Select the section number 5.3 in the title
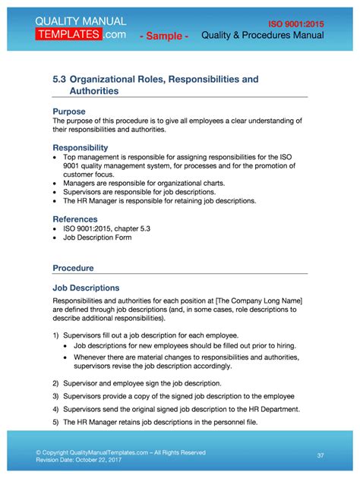coord(59,79)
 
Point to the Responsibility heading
coord(81,147)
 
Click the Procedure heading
coord(74,268)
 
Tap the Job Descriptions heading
coord(86,288)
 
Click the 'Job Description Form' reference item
coord(97,237)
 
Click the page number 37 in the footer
coord(321,455)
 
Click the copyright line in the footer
coord(120,452)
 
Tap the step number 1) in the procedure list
coord(56,335)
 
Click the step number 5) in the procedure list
coord(56,421)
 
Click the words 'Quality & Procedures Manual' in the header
coord(263,36)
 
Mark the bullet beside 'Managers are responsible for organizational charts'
coord(55,184)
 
